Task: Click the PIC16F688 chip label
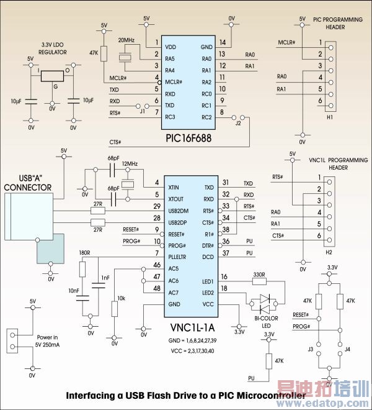click(x=189, y=139)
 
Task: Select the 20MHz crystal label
click(x=126, y=40)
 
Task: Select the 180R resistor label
click(x=85, y=253)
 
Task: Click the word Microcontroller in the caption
click(x=270, y=395)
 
